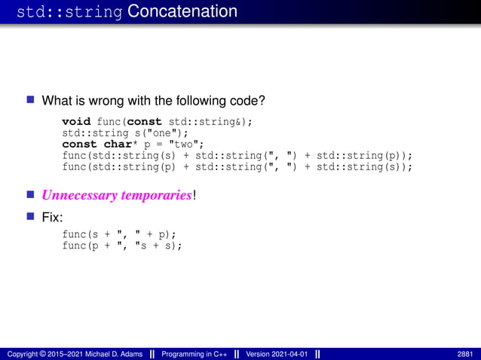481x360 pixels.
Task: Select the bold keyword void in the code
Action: [x=76, y=122]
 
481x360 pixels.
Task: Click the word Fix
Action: [x=52, y=218]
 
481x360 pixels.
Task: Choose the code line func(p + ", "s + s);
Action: [x=122, y=246]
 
